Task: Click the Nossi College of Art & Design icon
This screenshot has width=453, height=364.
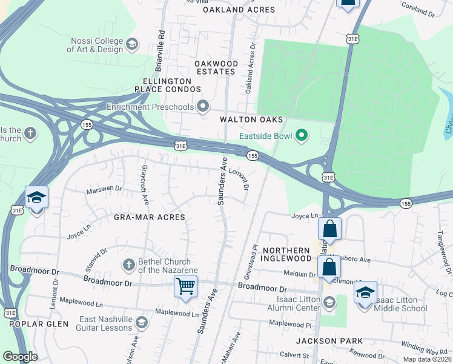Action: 131,44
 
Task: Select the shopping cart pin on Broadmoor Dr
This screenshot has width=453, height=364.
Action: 185,286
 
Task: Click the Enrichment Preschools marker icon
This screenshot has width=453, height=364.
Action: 203,107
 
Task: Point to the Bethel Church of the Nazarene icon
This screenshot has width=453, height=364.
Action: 128,265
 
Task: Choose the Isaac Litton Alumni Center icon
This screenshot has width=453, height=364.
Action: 329,302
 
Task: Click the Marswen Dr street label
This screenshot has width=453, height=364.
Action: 104,189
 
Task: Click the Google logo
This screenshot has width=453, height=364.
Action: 20,357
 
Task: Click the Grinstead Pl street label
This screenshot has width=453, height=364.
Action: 255,258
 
